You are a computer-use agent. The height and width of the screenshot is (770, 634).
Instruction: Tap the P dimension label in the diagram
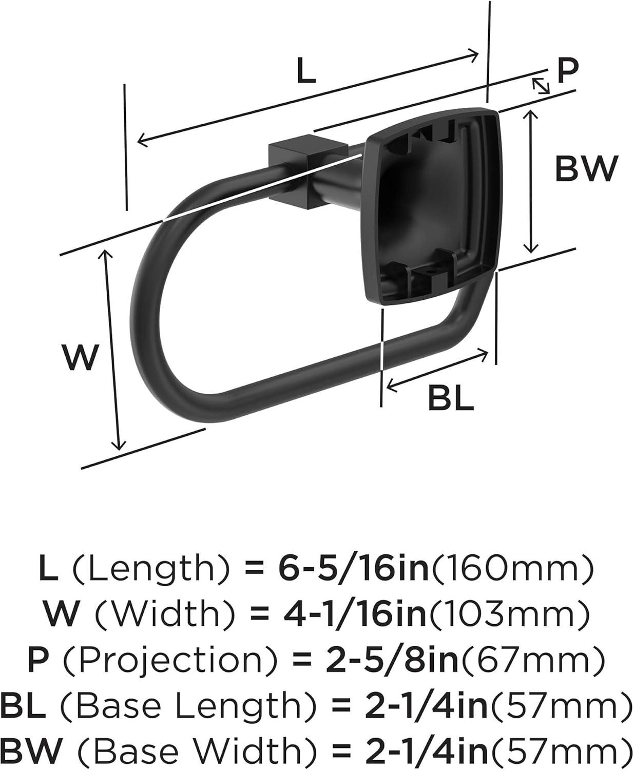click(567, 70)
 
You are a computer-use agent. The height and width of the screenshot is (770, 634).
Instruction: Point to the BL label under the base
click(451, 399)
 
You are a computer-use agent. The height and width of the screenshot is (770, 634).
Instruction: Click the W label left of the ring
click(80, 358)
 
